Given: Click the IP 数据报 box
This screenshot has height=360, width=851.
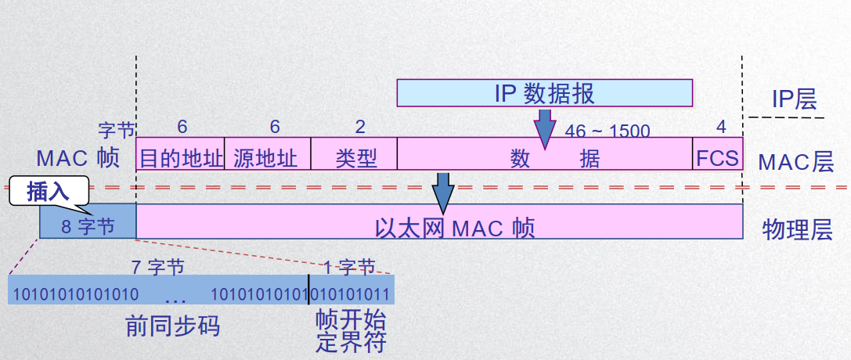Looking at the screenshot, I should pos(544,93).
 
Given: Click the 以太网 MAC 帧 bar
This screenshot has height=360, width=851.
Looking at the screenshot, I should pos(438,227).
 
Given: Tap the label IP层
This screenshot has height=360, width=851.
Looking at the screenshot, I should pos(795,99).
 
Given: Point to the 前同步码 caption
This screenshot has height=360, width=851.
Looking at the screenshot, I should pos(172,326).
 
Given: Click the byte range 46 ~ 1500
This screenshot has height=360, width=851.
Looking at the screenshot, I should pos(608,130).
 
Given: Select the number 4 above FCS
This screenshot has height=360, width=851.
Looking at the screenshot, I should pos(721,127).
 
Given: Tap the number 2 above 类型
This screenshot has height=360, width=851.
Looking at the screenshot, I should pos(360,127).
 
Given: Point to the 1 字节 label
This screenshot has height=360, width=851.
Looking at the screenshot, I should pos(349,267).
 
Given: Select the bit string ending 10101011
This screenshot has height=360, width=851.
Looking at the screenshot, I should pos(351,295).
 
